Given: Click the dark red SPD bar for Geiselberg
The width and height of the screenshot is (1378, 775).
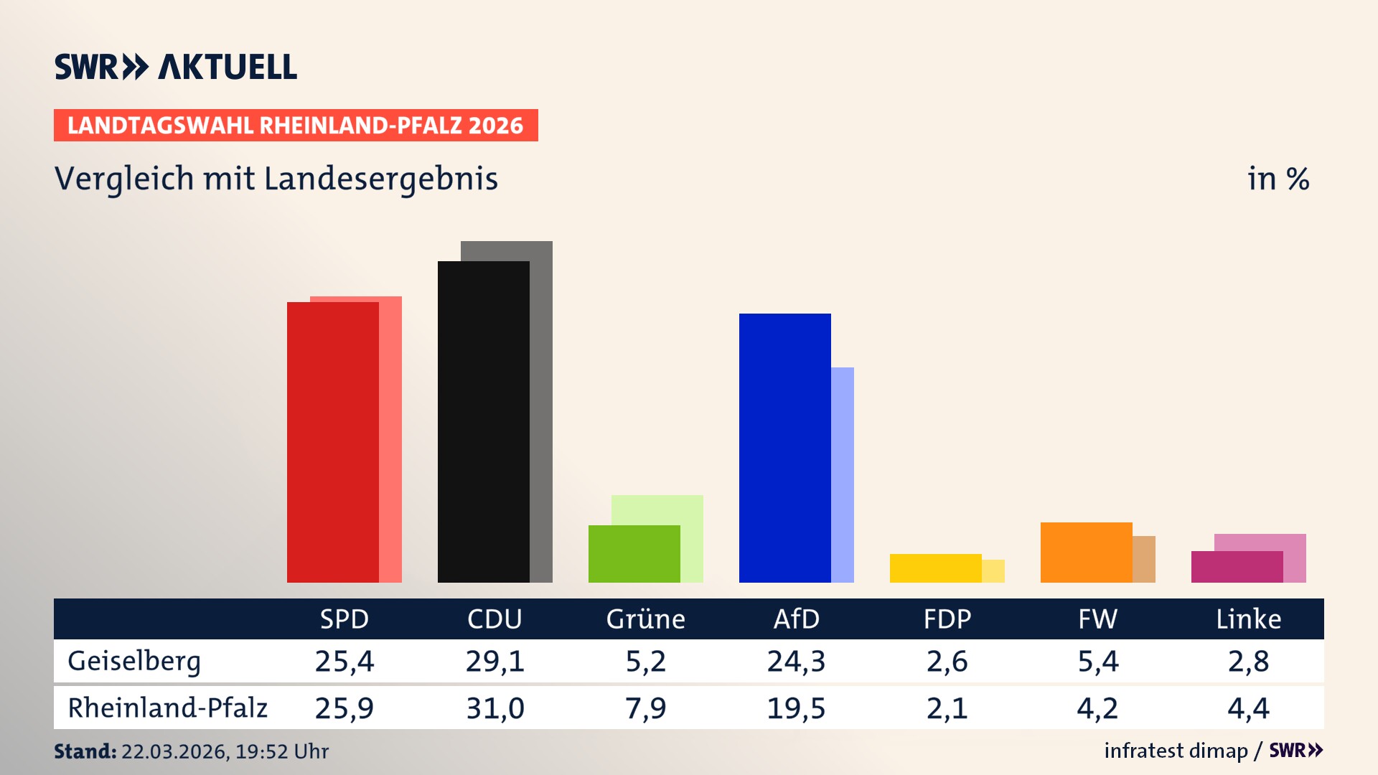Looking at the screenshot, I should pos(332,441).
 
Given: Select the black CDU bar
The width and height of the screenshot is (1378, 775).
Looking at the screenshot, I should pos(483,422).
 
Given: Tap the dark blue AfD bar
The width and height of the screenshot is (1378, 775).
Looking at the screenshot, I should pos(784,448).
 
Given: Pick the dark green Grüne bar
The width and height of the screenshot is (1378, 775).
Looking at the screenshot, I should pos(634,553).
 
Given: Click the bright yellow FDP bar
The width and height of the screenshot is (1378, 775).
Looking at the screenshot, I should pos(935,568).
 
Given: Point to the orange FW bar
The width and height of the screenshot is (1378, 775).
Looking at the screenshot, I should pos(1086,552).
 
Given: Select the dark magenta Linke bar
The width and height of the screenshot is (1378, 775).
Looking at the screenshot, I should pos(1237,566).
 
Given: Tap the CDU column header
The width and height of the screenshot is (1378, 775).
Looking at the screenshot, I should pos(495,619).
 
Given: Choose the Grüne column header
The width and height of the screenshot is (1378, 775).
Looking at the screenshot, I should pos(645,619).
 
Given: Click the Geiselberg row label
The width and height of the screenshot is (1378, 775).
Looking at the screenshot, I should pos(134,661).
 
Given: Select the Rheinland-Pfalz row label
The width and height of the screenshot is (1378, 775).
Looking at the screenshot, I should pos(167,708).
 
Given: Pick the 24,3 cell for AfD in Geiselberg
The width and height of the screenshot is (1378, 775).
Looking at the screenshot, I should pos(796,661).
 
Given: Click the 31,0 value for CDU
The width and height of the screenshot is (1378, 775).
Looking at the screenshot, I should pos(495,708).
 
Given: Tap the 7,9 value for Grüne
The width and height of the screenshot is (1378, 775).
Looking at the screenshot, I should pos(645,708).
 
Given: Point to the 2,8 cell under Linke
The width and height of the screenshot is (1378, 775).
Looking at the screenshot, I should pos(1248,661).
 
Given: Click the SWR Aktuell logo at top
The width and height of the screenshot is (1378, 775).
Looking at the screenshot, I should pos(175,67).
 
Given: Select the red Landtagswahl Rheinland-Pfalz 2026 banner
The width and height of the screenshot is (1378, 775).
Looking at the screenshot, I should pos(295,125).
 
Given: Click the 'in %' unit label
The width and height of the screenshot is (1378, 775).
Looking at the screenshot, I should pos(1278,179).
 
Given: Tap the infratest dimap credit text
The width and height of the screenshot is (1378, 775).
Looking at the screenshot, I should pos(1176,751).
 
